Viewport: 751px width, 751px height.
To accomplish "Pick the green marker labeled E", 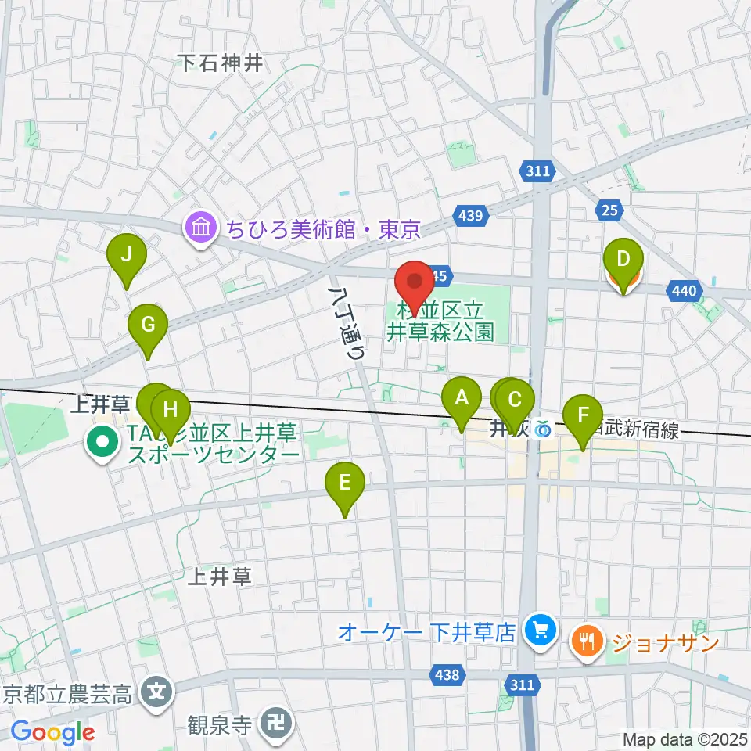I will click(346, 483).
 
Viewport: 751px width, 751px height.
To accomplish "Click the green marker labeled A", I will click(462, 398).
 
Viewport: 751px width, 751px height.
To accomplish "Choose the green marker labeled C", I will click(515, 400).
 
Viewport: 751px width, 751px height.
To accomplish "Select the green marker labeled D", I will click(623, 259).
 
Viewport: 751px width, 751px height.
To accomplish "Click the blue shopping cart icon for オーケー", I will click(539, 631).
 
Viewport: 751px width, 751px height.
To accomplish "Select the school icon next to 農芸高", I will click(157, 692).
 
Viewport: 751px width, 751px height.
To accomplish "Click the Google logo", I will click(52, 731).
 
